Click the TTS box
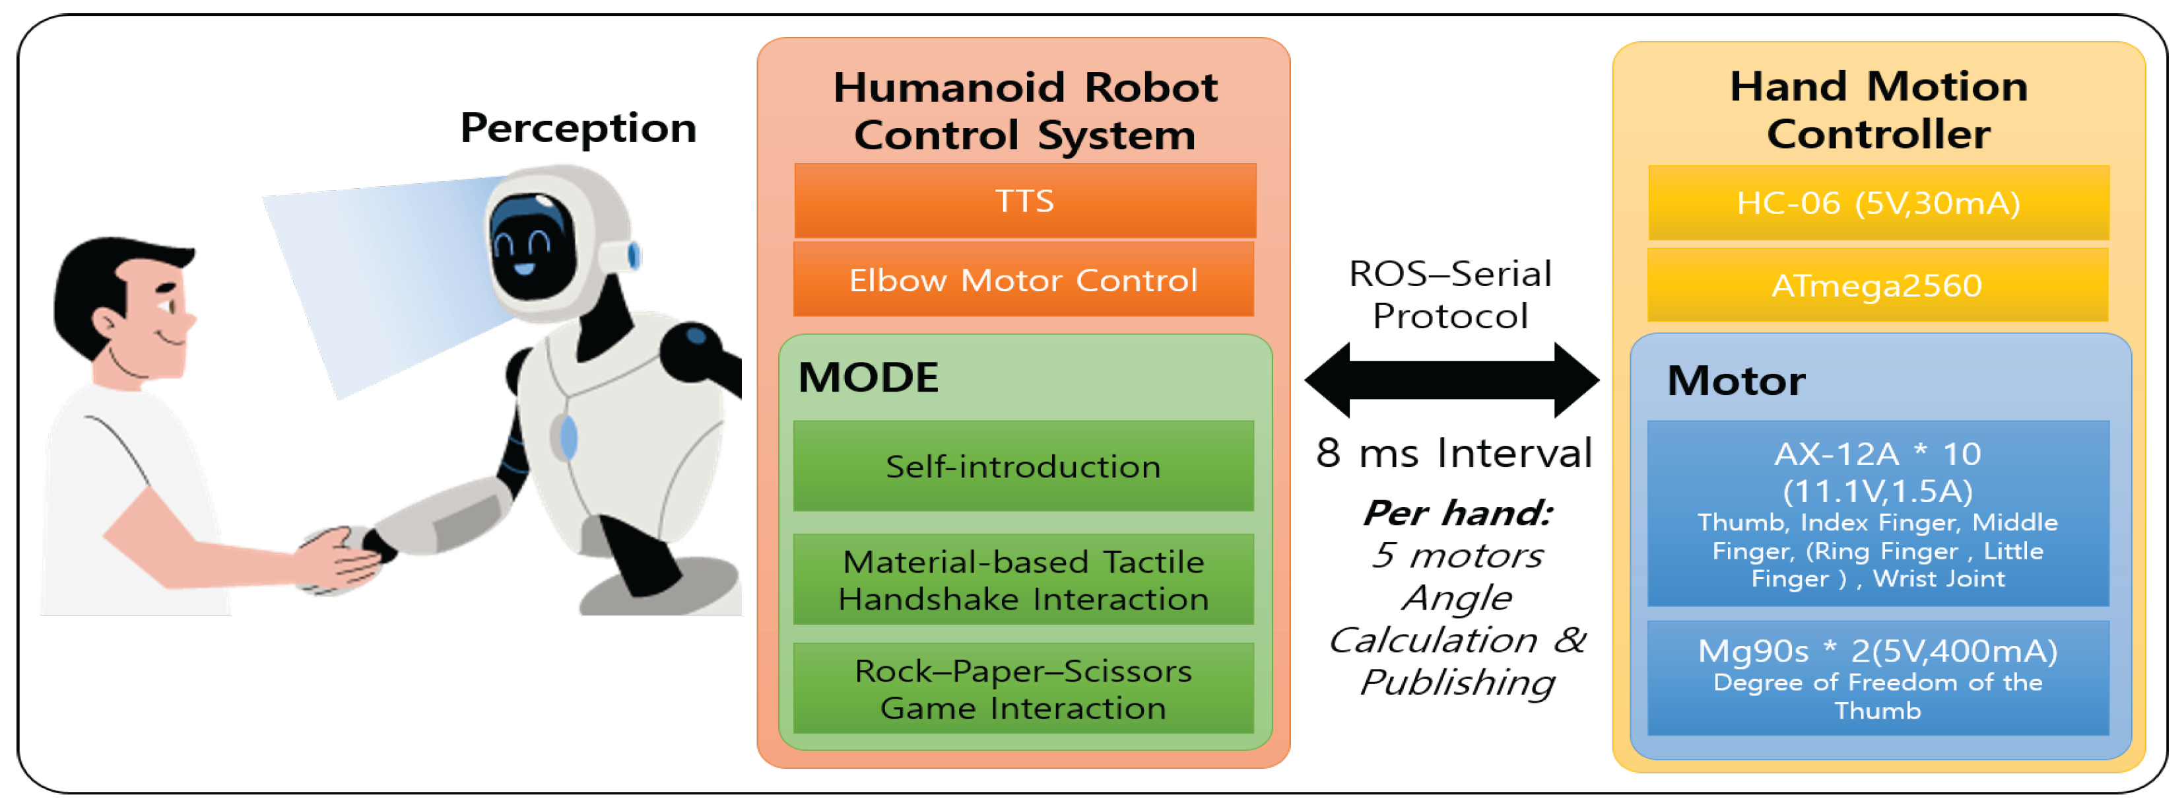pyautogui.click(x=1024, y=201)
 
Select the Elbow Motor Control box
pyautogui.click(x=1023, y=280)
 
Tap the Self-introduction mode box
pyautogui.click(x=1023, y=466)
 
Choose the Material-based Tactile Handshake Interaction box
pyautogui.click(x=1023, y=580)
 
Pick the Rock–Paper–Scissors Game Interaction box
pyautogui.click(x=1023, y=689)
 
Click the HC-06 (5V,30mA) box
pyautogui.click(x=1878, y=203)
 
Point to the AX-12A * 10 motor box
pyautogui.click(x=1878, y=513)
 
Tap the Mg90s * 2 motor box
pyautogui.click(x=1878, y=678)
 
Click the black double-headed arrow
pyautogui.click(x=1451, y=380)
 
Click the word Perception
pyautogui.click(x=578, y=128)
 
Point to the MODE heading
pyautogui.click(x=868, y=377)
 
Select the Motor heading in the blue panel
pyautogui.click(x=1735, y=381)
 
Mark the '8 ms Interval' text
pyautogui.click(x=1454, y=453)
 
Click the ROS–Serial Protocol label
pyautogui.click(x=1451, y=295)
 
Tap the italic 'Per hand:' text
pyautogui.click(x=1457, y=513)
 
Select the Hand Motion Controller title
pyautogui.click(x=1878, y=110)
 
